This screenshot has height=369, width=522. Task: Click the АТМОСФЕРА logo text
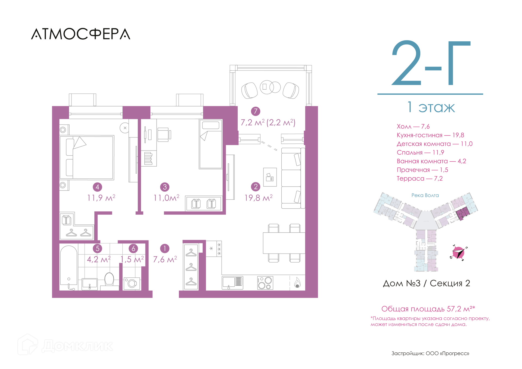[x=81, y=34]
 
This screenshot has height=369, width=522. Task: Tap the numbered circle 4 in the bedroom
[x=97, y=187]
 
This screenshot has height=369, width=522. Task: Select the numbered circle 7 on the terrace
[x=256, y=111]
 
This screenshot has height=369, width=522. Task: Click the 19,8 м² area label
[x=258, y=198]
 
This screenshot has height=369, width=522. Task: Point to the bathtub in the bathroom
[x=69, y=268]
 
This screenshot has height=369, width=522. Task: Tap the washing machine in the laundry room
[x=132, y=283]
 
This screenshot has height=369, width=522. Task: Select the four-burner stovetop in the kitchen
[x=265, y=283]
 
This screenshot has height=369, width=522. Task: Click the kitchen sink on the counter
[x=232, y=283]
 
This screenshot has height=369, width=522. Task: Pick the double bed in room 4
[x=87, y=158]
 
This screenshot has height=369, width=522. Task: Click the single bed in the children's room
[x=211, y=144]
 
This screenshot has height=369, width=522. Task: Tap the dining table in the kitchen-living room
[x=284, y=243]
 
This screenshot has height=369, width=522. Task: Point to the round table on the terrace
[x=267, y=87]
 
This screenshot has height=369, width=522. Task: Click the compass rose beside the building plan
[x=459, y=253]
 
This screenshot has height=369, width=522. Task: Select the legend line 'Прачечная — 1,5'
[x=422, y=170]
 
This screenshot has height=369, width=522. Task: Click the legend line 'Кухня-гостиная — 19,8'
[x=430, y=135]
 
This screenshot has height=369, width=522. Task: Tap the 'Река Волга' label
[x=425, y=195]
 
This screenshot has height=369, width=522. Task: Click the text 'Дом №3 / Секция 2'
[x=427, y=283]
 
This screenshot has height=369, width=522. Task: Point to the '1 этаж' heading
[x=431, y=107]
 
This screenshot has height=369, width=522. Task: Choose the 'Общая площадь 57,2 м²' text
[x=428, y=309]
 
